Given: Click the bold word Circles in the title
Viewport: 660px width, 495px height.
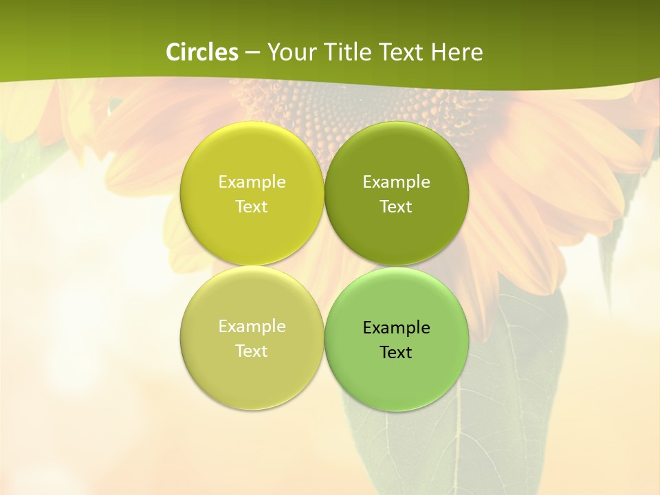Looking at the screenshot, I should [202, 52].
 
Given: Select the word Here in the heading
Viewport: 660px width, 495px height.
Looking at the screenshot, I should [457, 52].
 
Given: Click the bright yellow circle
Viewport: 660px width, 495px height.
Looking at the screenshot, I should [252, 158].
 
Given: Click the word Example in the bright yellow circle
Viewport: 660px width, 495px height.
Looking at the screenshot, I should [252, 182].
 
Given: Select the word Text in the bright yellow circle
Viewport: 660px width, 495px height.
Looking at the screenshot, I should [252, 207].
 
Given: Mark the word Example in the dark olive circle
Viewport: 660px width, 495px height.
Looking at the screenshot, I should [396, 182].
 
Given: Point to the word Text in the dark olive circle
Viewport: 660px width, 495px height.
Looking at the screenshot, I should [396, 207].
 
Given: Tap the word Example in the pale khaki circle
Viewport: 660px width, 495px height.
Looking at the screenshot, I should [252, 327].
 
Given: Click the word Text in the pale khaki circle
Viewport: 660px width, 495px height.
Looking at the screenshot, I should [252, 351].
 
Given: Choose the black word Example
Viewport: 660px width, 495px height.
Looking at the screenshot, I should [396, 328].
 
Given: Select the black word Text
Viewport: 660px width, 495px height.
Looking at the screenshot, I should [396, 353].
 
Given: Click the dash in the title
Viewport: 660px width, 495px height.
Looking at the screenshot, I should [252, 53].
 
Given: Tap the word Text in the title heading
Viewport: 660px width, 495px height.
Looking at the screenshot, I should [400, 52].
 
